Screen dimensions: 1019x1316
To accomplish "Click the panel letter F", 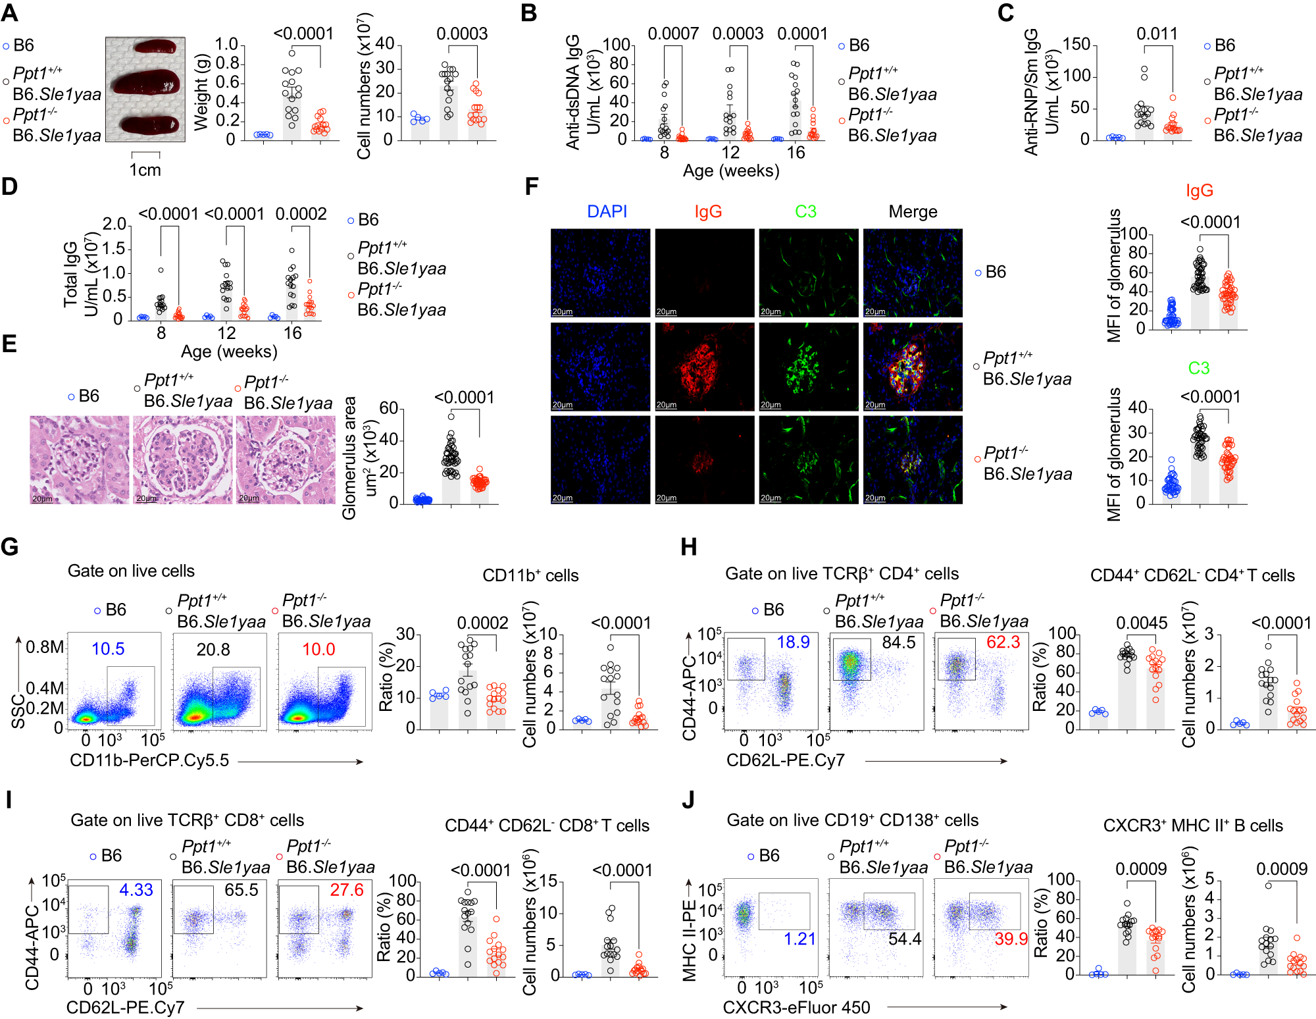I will [532, 187].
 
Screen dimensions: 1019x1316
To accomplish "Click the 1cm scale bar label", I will [145, 170].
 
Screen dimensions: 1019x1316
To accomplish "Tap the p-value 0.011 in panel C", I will [1157, 34].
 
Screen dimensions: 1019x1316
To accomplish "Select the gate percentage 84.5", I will [898, 642].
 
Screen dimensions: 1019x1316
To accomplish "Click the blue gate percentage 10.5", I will [108, 649].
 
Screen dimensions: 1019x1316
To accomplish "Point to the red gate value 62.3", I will [1003, 642].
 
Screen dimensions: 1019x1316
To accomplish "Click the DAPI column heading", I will [607, 212].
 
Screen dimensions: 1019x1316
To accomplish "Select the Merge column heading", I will [913, 212].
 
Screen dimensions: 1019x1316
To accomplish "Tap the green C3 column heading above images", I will [805, 212].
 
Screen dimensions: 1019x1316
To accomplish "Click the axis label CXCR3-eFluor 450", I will [796, 1008].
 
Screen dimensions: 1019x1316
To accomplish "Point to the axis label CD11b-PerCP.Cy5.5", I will [149, 760].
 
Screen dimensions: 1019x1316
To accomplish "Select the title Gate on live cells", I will [131, 571].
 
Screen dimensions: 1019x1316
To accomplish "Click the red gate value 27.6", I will [346, 890].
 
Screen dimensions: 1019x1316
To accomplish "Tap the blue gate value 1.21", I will [799, 939].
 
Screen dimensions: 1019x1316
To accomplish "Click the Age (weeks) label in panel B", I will [730, 171].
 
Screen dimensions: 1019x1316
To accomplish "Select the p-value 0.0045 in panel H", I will [1142, 623].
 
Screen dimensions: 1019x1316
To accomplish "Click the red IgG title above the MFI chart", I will [1199, 191].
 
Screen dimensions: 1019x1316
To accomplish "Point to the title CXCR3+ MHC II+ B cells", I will [1192, 826].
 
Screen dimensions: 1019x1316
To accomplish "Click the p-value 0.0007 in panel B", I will [672, 34].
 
